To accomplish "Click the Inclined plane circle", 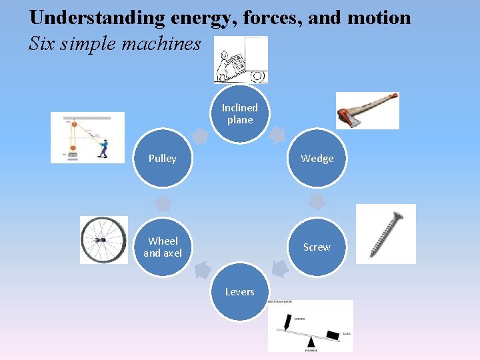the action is click(239, 114).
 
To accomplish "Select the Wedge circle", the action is click(317, 158).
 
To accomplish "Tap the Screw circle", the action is click(317, 247).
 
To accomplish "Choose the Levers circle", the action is click(239, 292).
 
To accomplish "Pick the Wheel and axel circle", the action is click(163, 247).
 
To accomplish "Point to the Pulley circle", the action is click(163, 158).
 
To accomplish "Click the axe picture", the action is click(367, 110).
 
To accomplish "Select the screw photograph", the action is click(386, 233).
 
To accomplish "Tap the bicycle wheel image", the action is click(103, 240).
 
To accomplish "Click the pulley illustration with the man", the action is click(87, 137).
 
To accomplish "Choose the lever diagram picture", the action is click(310, 325).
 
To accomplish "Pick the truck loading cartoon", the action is click(240, 59).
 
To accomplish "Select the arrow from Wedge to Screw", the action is click(317, 201).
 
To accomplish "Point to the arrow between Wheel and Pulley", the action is click(163, 202).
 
